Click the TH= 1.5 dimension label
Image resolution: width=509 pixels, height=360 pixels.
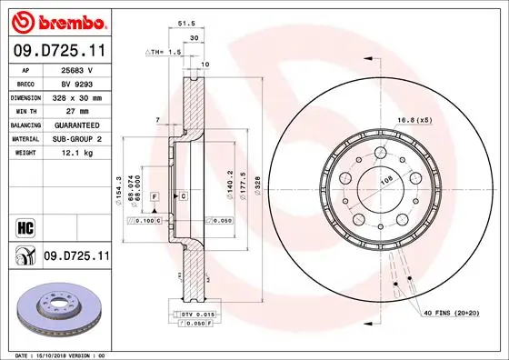click(165, 53)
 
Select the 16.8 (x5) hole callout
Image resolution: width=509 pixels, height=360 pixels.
click(413, 118)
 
